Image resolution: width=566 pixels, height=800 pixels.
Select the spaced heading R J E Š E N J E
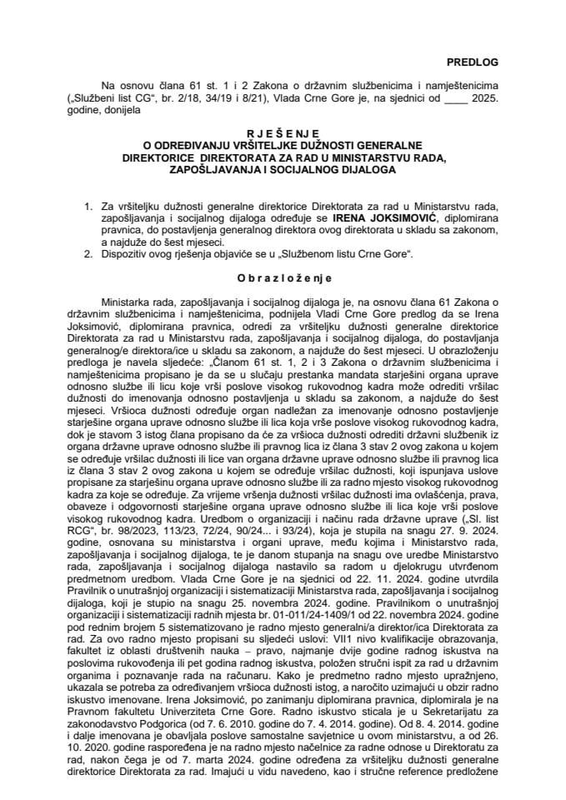coord(283,131)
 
